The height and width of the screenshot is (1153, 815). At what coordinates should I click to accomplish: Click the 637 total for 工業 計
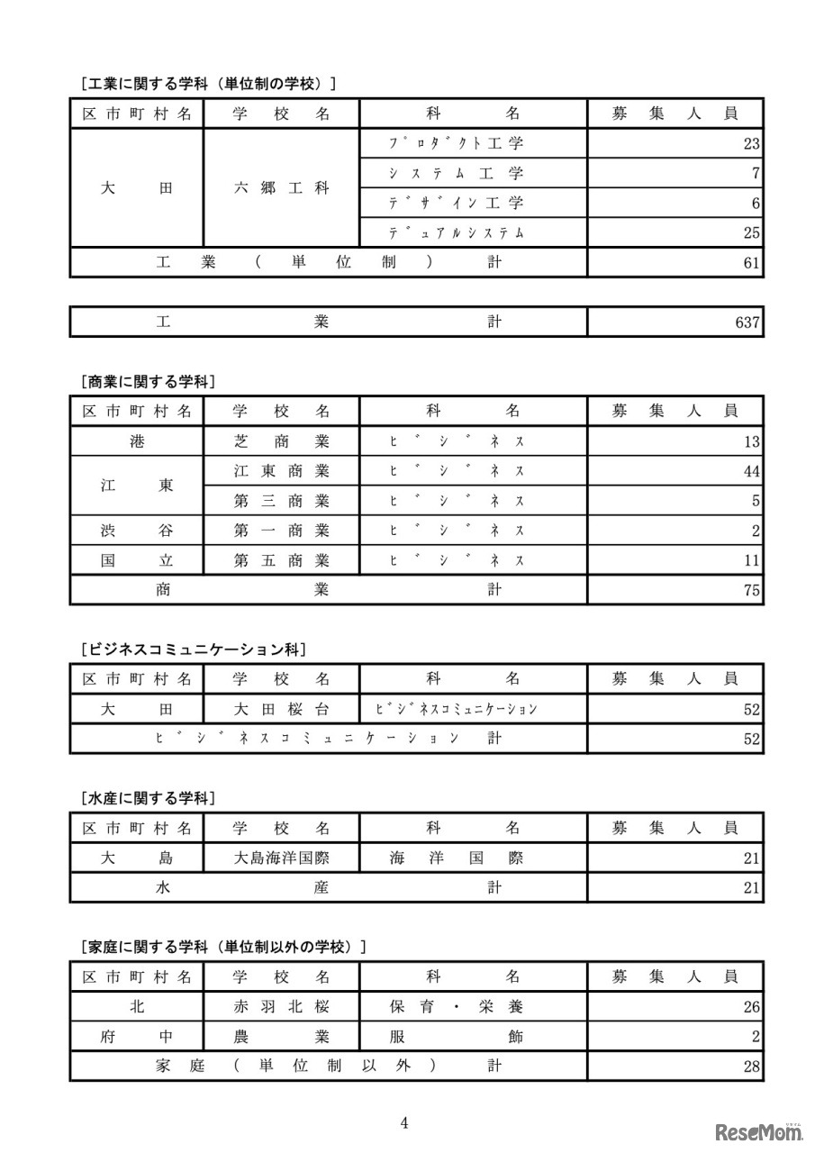(x=747, y=322)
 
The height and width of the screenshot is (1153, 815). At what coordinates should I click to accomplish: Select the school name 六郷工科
(x=281, y=188)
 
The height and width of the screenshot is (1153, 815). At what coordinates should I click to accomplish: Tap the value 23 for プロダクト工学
(x=752, y=144)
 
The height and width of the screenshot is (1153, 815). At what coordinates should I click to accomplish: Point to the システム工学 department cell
(x=456, y=173)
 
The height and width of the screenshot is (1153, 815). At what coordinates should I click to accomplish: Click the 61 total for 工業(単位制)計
(x=752, y=263)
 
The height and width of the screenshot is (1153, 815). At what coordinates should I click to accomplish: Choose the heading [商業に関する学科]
(x=148, y=381)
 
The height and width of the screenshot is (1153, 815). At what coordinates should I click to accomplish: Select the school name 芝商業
(x=281, y=441)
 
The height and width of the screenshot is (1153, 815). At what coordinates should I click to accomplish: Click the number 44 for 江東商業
(x=752, y=471)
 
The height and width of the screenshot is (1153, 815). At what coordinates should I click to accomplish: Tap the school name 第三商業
(x=281, y=501)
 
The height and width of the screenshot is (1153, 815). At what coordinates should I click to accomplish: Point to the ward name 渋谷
(x=137, y=531)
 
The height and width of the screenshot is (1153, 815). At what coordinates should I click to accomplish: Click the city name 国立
(x=137, y=560)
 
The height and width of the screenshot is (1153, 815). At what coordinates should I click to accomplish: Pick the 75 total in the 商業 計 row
(x=752, y=590)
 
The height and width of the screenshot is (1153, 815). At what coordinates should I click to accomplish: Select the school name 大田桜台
(x=281, y=709)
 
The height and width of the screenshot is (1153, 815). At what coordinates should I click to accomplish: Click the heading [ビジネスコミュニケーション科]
(x=193, y=649)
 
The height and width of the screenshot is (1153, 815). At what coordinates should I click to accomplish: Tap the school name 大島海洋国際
(x=281, y=858)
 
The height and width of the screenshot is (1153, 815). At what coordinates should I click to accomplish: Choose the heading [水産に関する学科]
(x=148, y=798)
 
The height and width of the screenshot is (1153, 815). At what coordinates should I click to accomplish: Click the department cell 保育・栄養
(x=456, y=1007)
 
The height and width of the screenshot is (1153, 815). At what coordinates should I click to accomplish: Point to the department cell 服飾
(x=456, y=1037)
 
